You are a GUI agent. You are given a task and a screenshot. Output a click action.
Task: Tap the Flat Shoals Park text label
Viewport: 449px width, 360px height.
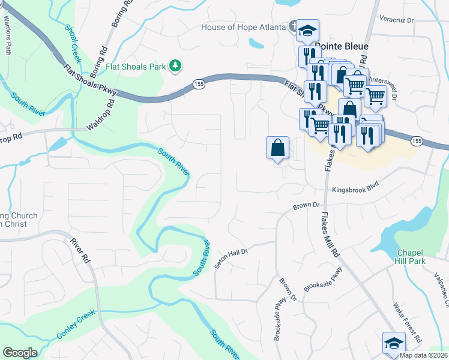coord(136,66)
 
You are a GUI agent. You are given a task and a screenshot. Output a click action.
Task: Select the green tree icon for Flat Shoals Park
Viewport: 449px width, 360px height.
coord(175,65)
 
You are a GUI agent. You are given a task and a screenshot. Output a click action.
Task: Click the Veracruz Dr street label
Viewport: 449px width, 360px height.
coord(397,20)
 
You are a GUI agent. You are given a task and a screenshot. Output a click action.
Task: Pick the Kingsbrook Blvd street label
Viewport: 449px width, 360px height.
coord(358,190)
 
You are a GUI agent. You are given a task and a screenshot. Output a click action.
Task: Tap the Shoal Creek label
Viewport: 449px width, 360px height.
coord(72,38)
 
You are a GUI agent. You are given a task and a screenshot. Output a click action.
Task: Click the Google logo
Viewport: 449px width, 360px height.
coord(20,353)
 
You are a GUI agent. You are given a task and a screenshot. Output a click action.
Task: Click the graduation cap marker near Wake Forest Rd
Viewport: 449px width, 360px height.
coord(393,344)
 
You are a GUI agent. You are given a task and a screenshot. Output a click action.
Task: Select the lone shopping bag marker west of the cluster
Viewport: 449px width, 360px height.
coord(278,148)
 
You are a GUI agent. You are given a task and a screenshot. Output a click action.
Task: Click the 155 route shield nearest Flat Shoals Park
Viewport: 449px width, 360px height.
coord(200,85)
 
